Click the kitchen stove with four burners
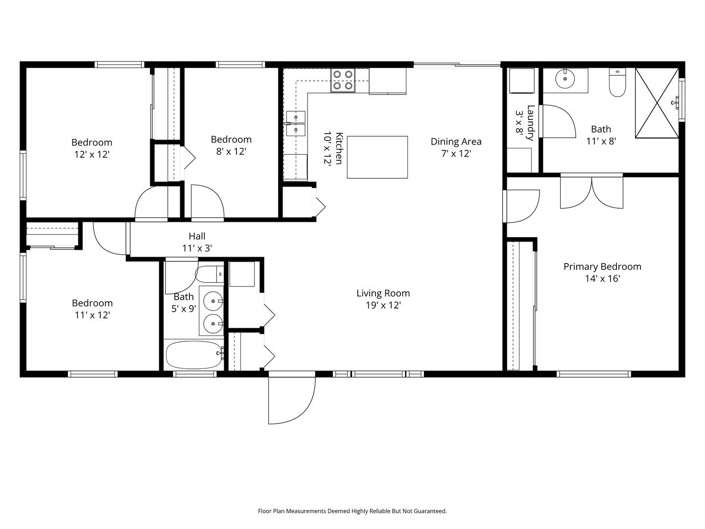pyautogui.click(x=343, y=80)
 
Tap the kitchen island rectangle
pyautogui.click(x=377, y=157)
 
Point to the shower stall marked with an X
pyautogui.click(x=657, y=103)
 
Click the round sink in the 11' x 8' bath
pyautogui.click(x=565, y=78)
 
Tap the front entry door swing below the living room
pyautogui.click(x=291, y=399)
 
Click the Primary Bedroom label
pyautogui.click(x=602, y=266)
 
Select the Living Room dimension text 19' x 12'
pyautogui.click(x=383, y=305)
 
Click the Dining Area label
pyautogui.click(x=456, y=142)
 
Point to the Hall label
pyautogui.click(x=197, y=236)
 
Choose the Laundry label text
pyautogui.click(x=531, y=122)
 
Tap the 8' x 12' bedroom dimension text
pyautogui.click(x=231, y=151)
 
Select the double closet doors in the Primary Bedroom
pyautogui.click(x=591, y=193)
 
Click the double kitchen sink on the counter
pyautogui.click(x=296, y=123)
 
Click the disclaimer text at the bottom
pyautogui.click(x=352, y=511)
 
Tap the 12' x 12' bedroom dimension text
pyautogui.click(x=92, y=154)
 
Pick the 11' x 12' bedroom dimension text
pyautogui.click(x=92, y=315)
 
